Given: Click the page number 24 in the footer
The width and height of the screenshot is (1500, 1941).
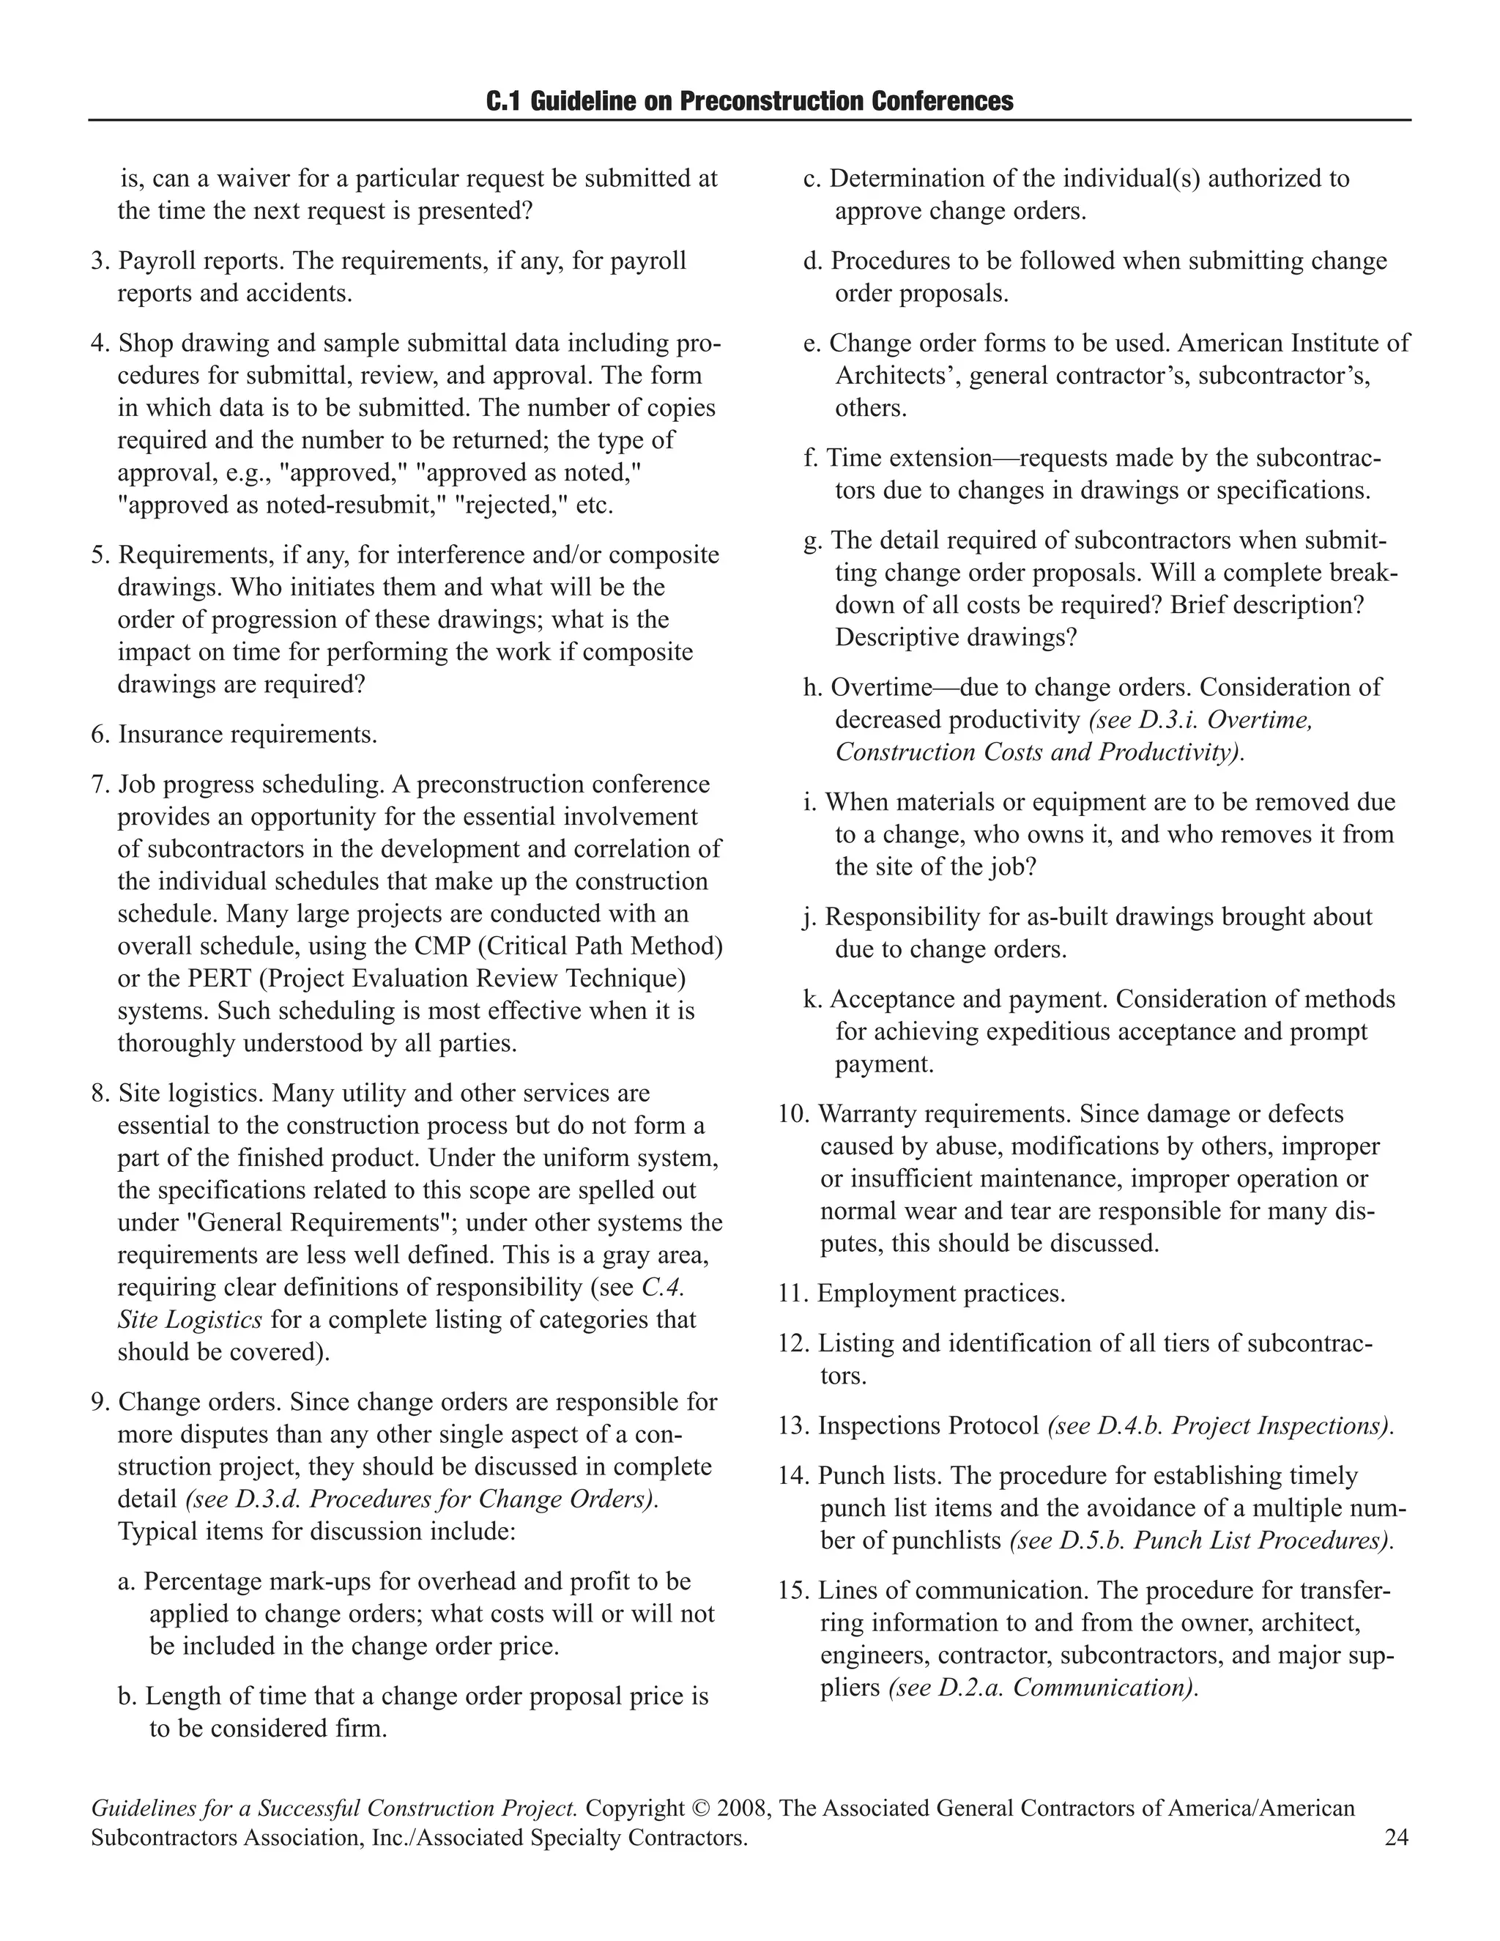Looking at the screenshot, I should coord(1396,1837).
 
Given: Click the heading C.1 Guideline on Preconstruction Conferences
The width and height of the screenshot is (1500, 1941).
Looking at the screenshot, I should coord(749,101).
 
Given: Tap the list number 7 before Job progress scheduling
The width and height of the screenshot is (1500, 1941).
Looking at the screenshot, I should coord(100,784).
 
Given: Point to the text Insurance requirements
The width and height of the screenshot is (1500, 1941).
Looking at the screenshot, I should coord(247,735).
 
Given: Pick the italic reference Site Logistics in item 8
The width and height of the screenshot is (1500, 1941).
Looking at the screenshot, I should coord(189,1320).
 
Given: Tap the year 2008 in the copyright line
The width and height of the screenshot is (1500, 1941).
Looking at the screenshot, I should coord(741,1808).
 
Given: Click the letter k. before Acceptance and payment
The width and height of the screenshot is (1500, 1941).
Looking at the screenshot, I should coord(812,999).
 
